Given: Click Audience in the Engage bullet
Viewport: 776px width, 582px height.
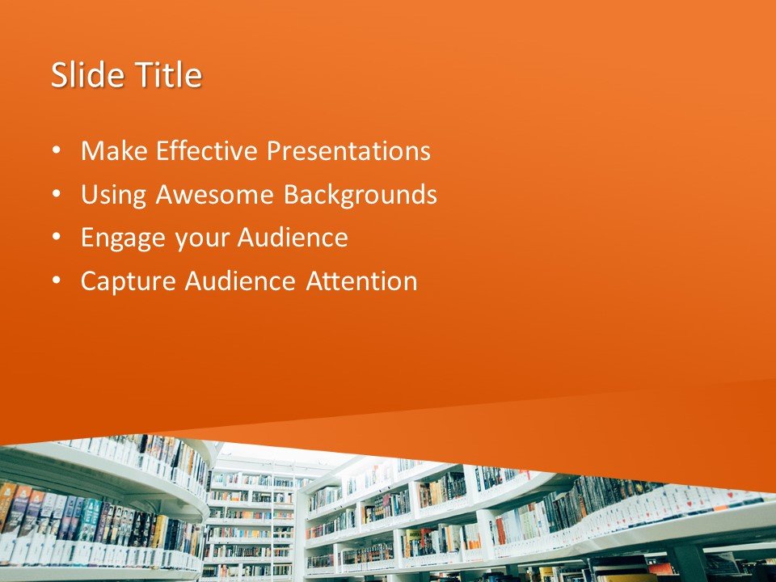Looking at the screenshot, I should pyautogui.click(x=293, y=238).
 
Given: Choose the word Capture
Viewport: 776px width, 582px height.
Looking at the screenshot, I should pyautogui.click(x=129, y=281).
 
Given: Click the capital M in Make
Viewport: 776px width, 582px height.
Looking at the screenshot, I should pyautogui.click(x=91, y=151).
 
